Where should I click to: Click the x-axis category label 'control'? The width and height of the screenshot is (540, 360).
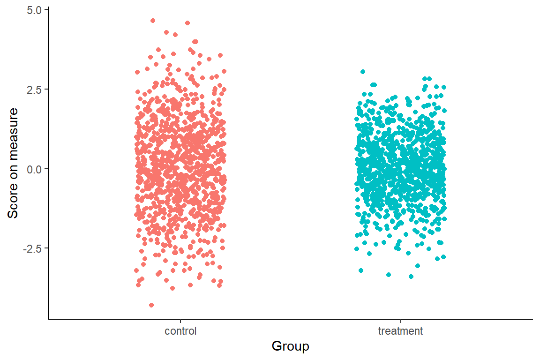pyautogui.click(x=180, y=331)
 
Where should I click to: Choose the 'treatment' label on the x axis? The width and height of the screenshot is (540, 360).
pyautogui.click(x=400, y=331)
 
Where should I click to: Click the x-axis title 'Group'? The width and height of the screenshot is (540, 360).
pyautogui.click(x=290, y=346)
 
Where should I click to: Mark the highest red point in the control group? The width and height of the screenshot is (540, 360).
pyautogui.click(x=153, y=21)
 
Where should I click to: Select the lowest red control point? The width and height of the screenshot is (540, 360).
pyautogui.click(x=151, y=305)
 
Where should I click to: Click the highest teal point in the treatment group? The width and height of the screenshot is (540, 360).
pyautogui.click(x=362, y=72)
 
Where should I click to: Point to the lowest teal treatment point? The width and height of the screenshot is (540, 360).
pyautogui.click(x=411, y=277)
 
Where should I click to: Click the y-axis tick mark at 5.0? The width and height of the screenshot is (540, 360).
pyautogui.click(x=46, y=10)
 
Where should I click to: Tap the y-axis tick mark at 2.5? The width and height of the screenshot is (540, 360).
pyautogui.click(x=46, y=90)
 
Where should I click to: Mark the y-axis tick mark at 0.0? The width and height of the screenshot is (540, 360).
pyautogui.click(x=46, y=169)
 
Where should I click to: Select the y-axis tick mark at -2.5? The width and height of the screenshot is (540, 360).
pyautogui.click(x=46, y=248)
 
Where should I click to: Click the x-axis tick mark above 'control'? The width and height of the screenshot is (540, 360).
pyautogui.click(x=180, y=321)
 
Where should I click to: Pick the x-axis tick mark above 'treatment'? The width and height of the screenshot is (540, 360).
pyautogui.click(x=400, y=321)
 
